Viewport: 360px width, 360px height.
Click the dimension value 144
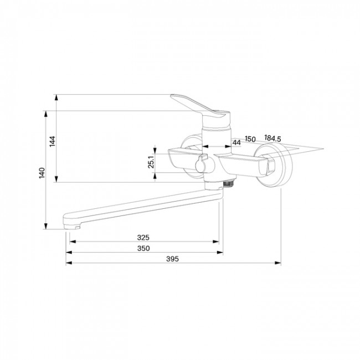tap(53, 141)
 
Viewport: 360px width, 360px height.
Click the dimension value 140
tap(42, 173)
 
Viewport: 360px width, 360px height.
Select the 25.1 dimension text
tap(151, 162)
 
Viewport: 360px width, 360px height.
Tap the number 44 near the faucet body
tap(236, 142)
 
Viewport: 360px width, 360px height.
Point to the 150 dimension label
tap(250, 139)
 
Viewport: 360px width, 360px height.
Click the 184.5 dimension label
tap(272, 138)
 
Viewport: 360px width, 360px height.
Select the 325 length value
tap(143, 238)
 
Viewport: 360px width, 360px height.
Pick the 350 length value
tap(143, 248)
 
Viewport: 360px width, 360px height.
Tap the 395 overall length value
tap(172, 259)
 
